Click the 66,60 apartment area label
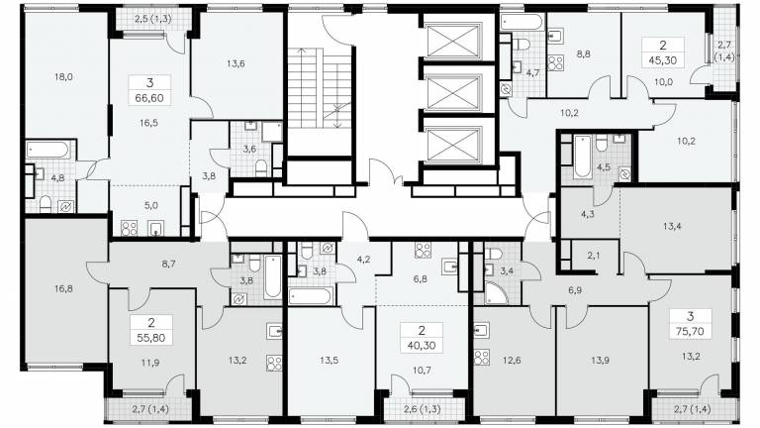(x=150, y=97)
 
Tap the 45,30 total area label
(x=663, y=60)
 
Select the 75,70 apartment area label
(x=690, y=332)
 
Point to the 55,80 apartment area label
(x=150, y=337)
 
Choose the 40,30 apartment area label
(x=422, y=346)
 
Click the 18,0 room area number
(x=63, y=76)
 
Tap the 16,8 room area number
(x=63, y=288)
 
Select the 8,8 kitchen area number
(x=584, y=53)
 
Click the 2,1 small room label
(x=594, y=256)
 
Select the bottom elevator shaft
(x=453, y=144)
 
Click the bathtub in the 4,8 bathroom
(x=47, y=150)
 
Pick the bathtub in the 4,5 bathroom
(x=582, y=157)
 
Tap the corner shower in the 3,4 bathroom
(x=496, y=293)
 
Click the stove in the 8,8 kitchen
(x=555, y=62)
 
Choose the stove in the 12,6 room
(x=482, y=357)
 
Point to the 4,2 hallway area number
(x=363, y=260)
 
